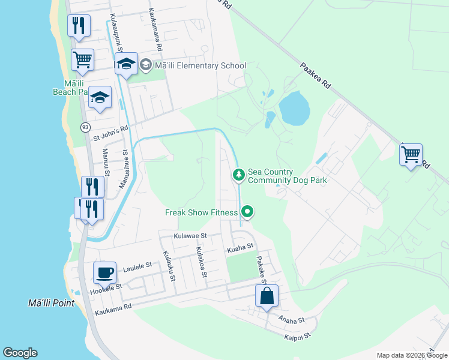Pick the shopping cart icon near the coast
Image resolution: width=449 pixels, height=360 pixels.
pos(82,59)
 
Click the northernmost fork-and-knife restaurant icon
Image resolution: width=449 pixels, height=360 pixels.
pos(79,25)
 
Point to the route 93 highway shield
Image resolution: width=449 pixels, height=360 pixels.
pos(85,127)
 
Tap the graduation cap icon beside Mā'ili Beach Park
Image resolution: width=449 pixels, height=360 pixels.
pos(100,97)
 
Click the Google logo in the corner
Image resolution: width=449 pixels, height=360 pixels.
pos(20,353)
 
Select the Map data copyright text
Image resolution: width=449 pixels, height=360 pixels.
pos(411,355)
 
